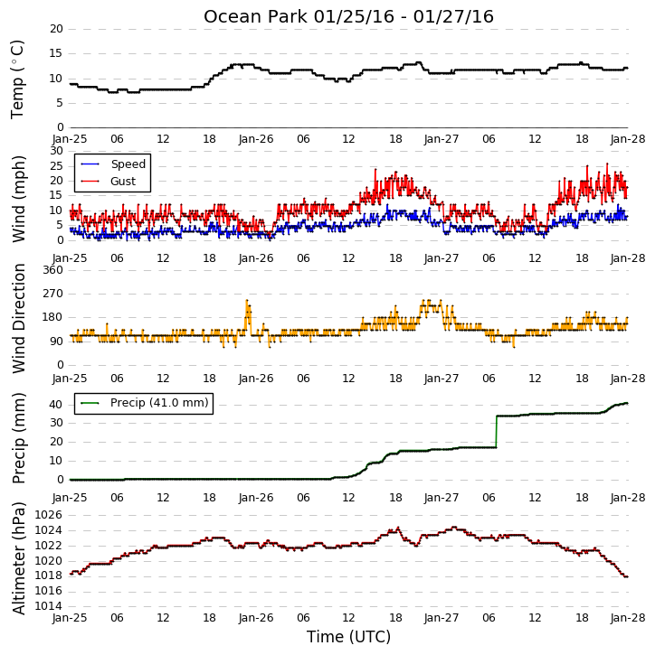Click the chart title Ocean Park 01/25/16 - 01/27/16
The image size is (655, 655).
pyautogui.click(x=348, y=16)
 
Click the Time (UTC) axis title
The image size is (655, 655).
pyautogui.click(x=348, y=637)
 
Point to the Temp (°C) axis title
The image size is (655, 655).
pyautogui.click(x=17, y=80)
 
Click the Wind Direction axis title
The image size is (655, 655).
pyautogui.click(x=19, y=318)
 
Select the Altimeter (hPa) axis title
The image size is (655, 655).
pyautogui.click(x=19, y=558)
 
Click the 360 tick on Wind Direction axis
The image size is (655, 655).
pyautogui.click(x=53, y=270)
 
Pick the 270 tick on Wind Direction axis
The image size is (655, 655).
pyautogui.click(x=53, y=294)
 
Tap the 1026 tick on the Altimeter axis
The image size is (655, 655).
pyautogui.click(x=49, y=515)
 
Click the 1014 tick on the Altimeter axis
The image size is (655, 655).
pyautogui.click(x=49, y=606)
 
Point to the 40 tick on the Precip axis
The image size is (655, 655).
pyautogui.click(x=56, y=405)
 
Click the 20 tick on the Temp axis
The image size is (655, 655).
pyautogui.click(x=56, y=29)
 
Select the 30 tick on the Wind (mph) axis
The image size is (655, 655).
pyautogui.click(x=56, y=151)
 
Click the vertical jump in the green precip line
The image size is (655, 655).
pyautogui.click(x=497, y=432)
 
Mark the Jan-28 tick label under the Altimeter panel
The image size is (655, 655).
pyautogui.click(x=627, y=617)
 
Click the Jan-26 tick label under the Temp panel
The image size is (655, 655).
pyautogui.click(x=256, y=139)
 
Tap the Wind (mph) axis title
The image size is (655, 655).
pyautogui.click(x=19, y=199)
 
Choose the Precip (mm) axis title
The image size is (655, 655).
pyautogui.click(x=19, y=438)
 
